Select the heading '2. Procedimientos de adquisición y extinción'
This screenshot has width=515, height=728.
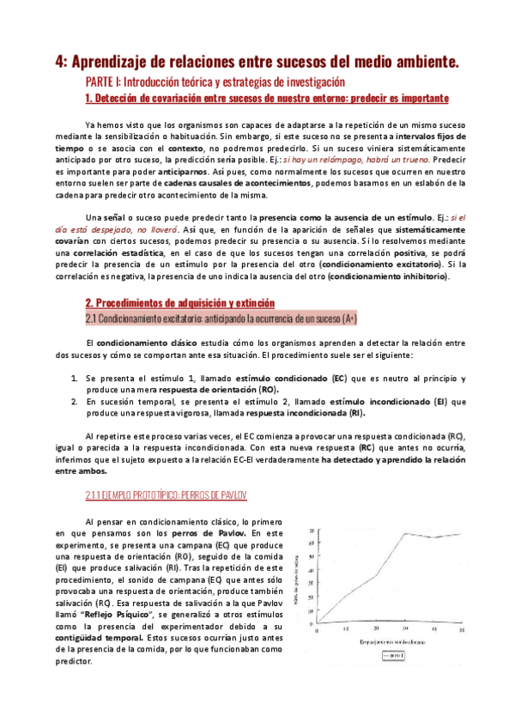[179, 303]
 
